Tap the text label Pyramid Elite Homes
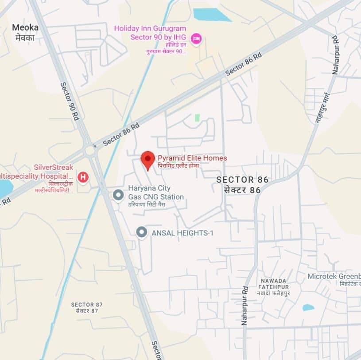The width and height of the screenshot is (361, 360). pyautogui.click(x=192, y=158)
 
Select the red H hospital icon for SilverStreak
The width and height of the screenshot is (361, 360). pyautogui.click(x=83, y=178)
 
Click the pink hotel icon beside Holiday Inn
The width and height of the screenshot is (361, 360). pyautogui.click(x=196, y=39)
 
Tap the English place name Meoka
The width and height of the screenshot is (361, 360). pyautogui.click(x=25, y=27)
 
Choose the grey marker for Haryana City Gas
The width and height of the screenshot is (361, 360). pyautogui.click(x=118, y=195)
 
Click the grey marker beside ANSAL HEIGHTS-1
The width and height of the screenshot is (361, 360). pyautogui.click(x=141, y=232)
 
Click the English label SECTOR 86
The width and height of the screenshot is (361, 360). pyautogui.click(x=242, y=180)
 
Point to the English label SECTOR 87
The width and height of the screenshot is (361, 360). pyautogui.click(x=87, y=305)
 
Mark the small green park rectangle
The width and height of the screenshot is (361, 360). pyautogui.click(x=197, y=118)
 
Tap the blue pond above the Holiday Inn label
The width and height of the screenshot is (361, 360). pyautogui.click(x=211, y=15)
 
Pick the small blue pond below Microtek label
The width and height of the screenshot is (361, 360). pyautogui.click(x=308, y=307)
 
